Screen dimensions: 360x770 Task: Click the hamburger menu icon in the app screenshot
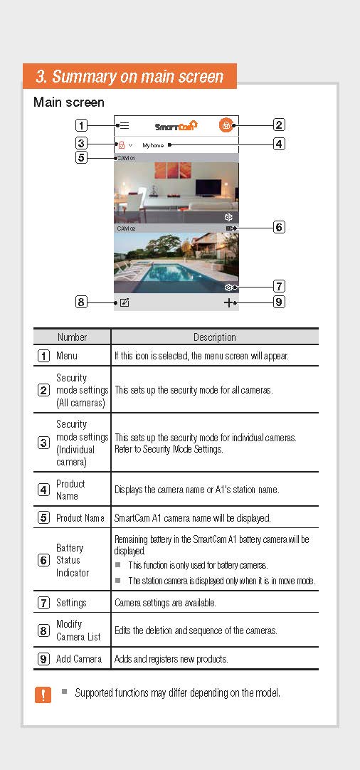pos(125,125)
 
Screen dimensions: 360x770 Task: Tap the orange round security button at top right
pos(226,125)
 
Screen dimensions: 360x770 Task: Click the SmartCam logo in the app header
pos(176,126)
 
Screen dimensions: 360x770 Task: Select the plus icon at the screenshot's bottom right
pos(228,302)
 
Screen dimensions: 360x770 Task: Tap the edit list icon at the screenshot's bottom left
pos(125,302)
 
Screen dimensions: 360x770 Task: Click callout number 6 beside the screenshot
pos(279,228)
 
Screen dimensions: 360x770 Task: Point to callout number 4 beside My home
pos(279,144)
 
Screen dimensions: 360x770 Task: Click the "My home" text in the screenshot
pos(153,144)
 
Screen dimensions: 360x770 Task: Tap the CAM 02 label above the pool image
pos(126,229)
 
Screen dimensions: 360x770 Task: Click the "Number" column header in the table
pos(72,337)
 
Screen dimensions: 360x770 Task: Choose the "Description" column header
pos(214,337)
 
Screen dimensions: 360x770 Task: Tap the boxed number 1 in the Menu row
pos(43,356)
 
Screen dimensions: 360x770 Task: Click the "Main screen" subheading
pos(68,102)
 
